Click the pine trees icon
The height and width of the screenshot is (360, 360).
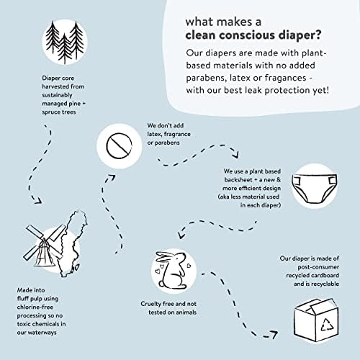tap(65, 42)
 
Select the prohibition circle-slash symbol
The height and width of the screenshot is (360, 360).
tap(119, 145)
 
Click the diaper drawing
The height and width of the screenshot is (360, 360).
tap(315, 189)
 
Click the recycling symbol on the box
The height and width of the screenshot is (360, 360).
tap(328, 325)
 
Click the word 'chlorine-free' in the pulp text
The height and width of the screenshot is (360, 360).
tap(35, 307)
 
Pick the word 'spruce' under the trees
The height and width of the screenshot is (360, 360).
tap(51, 112)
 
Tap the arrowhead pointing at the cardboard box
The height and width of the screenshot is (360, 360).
tap(274, 334)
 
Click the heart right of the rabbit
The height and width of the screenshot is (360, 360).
tap(189, 266)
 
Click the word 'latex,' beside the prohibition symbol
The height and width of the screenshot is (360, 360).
tap(154, 134)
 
